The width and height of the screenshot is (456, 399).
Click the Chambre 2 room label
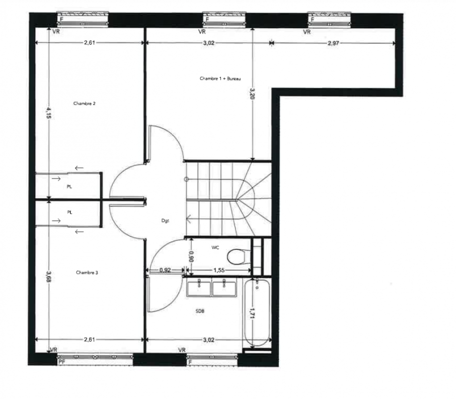(84, 104)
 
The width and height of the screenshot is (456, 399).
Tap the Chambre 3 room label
(87, 272)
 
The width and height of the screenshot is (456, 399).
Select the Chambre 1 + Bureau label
(220, 78)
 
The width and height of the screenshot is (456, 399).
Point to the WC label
(215, 247)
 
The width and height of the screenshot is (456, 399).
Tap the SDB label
(200, 311)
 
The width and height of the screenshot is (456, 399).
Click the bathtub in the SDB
(257, 313)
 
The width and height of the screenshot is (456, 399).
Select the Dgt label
(165, 221)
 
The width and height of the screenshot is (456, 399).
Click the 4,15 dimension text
(48, 113)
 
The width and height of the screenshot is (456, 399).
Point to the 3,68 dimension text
(48, 277)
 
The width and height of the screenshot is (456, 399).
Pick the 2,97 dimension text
(333, 43)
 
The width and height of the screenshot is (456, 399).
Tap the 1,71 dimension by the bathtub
(252, 313)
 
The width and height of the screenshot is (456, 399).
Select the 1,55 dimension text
(219, 270)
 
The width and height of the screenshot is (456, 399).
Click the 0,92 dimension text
(165, 270)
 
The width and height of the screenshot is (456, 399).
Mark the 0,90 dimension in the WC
(191, 256)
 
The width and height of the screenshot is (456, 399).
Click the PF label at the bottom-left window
(62, 362)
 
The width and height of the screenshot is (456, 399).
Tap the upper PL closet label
(69, 187)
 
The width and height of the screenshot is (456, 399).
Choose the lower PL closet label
(69, 212)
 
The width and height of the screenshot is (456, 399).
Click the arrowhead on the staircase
(188, 218)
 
